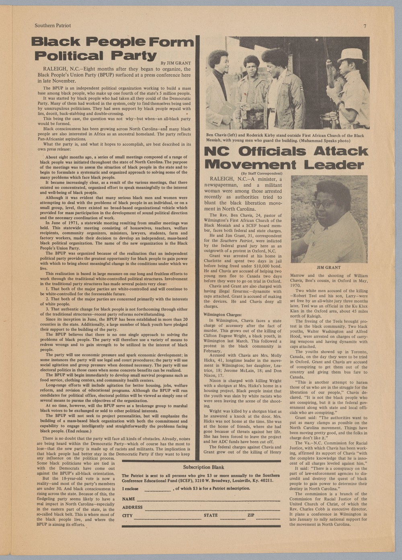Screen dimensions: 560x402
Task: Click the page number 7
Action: coord(365,26)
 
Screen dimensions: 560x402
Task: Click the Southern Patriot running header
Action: coord(53,26)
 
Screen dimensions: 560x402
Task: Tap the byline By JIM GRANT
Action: coord(175,63)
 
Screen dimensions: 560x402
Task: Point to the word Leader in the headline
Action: coord(334,165)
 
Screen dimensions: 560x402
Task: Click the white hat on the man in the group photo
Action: coord(351,55)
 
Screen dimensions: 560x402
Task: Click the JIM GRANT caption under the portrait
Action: coord(328,268)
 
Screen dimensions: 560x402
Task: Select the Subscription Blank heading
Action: coord(203,467)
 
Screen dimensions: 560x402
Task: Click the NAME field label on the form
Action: coord(128,499)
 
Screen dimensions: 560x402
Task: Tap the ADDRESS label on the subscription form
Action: coord(132,507)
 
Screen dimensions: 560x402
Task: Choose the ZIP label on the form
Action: coord(251,515)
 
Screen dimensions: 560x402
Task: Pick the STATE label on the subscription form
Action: coord(211,515)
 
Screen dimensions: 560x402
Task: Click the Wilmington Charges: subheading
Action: coord(222,315)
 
